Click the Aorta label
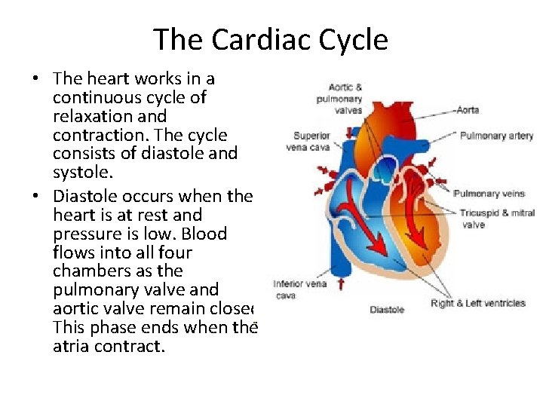[468, 110]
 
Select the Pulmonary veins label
[489, 194]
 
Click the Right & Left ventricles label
[478, 303]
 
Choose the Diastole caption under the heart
[387, 310]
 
